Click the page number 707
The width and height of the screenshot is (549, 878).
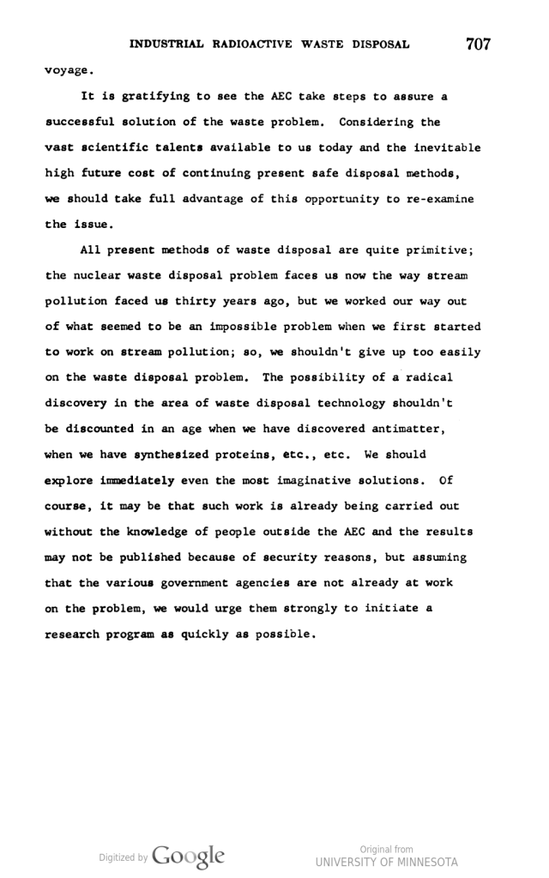click(x=479, y=44)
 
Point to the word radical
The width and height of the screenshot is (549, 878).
click(x=425, y=377)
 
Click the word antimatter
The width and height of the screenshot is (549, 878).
click(x=403, y=429)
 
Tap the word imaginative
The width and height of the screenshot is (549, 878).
click(x=314, y=480)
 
